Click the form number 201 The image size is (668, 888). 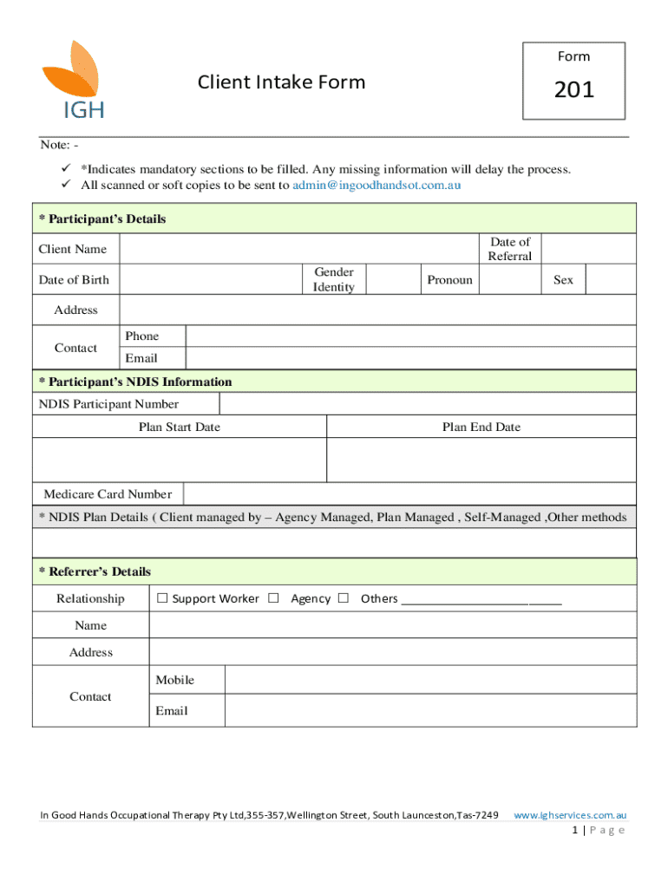[x=573, y=89]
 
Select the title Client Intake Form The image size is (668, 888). [x=281, y=82]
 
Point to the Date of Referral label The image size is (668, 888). [x=510, y=249]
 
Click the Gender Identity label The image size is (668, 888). [x=334, y=279]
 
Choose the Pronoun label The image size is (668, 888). [x=449, y=279]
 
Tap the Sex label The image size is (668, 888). [x=563, y=279]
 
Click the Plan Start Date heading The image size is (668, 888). [x=180, y=427]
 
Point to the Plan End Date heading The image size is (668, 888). [x=481, y=427]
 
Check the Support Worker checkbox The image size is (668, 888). [x=162, y=598]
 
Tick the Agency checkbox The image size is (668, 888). [x=274, y=598]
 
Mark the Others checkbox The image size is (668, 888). [x=344, y=598]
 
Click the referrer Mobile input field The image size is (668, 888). [x=429, y=681]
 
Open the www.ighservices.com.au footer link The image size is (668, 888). [x=570, y=815]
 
